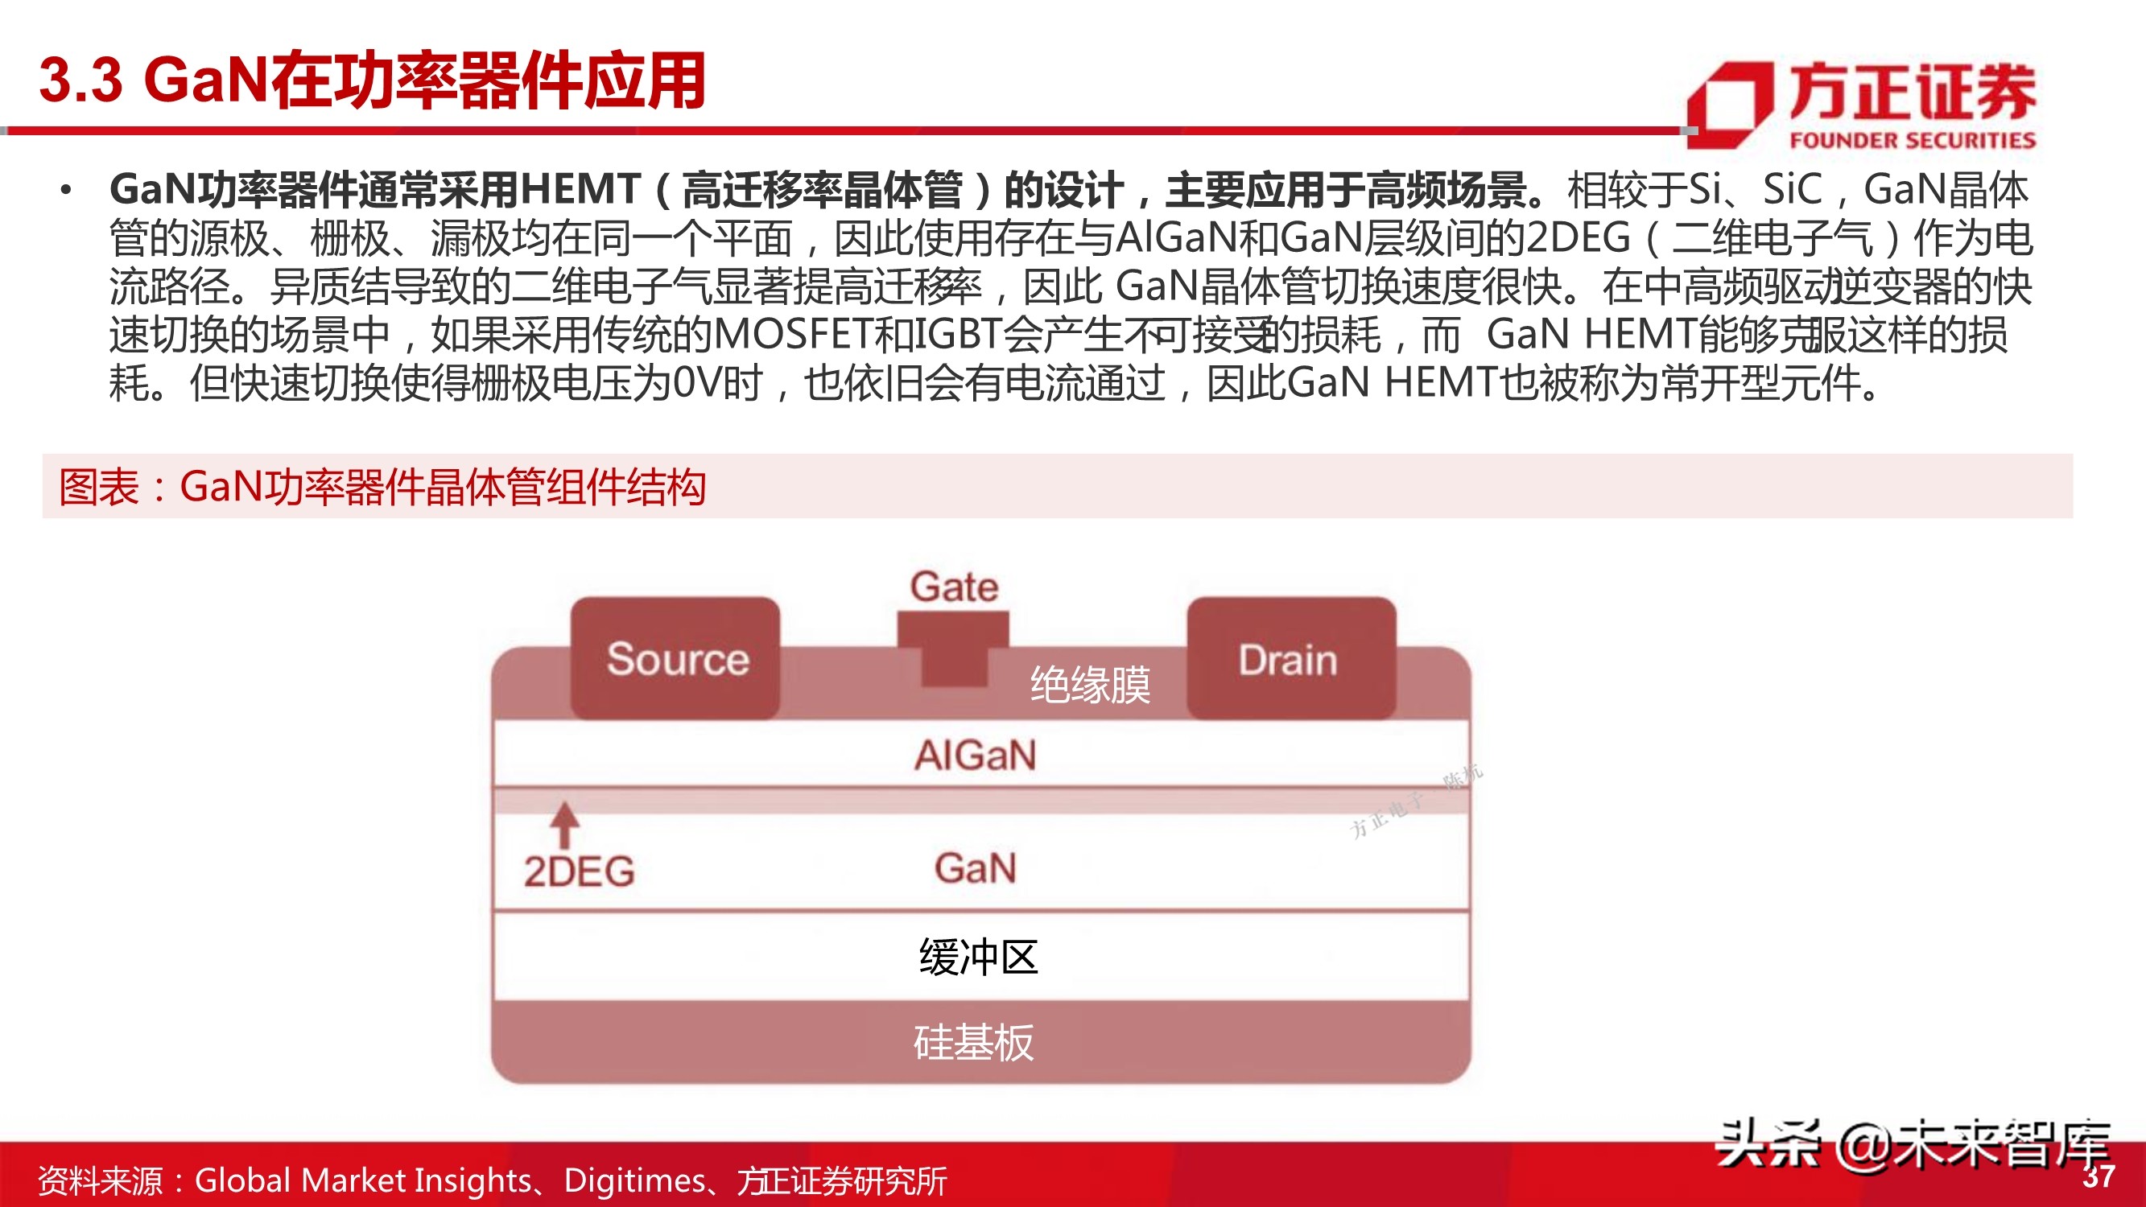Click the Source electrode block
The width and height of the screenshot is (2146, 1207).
[x=675, y=658]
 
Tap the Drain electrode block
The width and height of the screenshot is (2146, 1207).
[x=1290, y=658]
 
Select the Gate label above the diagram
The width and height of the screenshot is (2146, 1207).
[x=954, y=587]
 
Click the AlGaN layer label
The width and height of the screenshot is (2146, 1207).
[x=976, y=756]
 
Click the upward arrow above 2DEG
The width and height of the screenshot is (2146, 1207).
[x=565, y=825]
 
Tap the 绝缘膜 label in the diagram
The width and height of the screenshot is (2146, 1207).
[x=1090, y=686]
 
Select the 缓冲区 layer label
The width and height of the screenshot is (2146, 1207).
[x=978, y=957]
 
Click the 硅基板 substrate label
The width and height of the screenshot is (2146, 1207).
[x=974, y=1043]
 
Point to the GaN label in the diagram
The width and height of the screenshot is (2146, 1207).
[x=976, y=868]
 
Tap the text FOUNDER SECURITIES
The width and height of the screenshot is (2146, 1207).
[x=1912, y=140]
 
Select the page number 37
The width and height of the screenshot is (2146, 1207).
[x=2099, y=1177]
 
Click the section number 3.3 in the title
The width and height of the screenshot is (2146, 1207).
[x=80, y=80]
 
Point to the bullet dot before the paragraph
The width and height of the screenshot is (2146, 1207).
[x=66, y=191]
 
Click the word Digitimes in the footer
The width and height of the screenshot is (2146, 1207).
[x=635, y=1180]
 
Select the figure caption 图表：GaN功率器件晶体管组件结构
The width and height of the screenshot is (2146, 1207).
[x=382, y=488]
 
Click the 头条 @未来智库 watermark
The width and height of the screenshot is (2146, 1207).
[x=1912, y=1146]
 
